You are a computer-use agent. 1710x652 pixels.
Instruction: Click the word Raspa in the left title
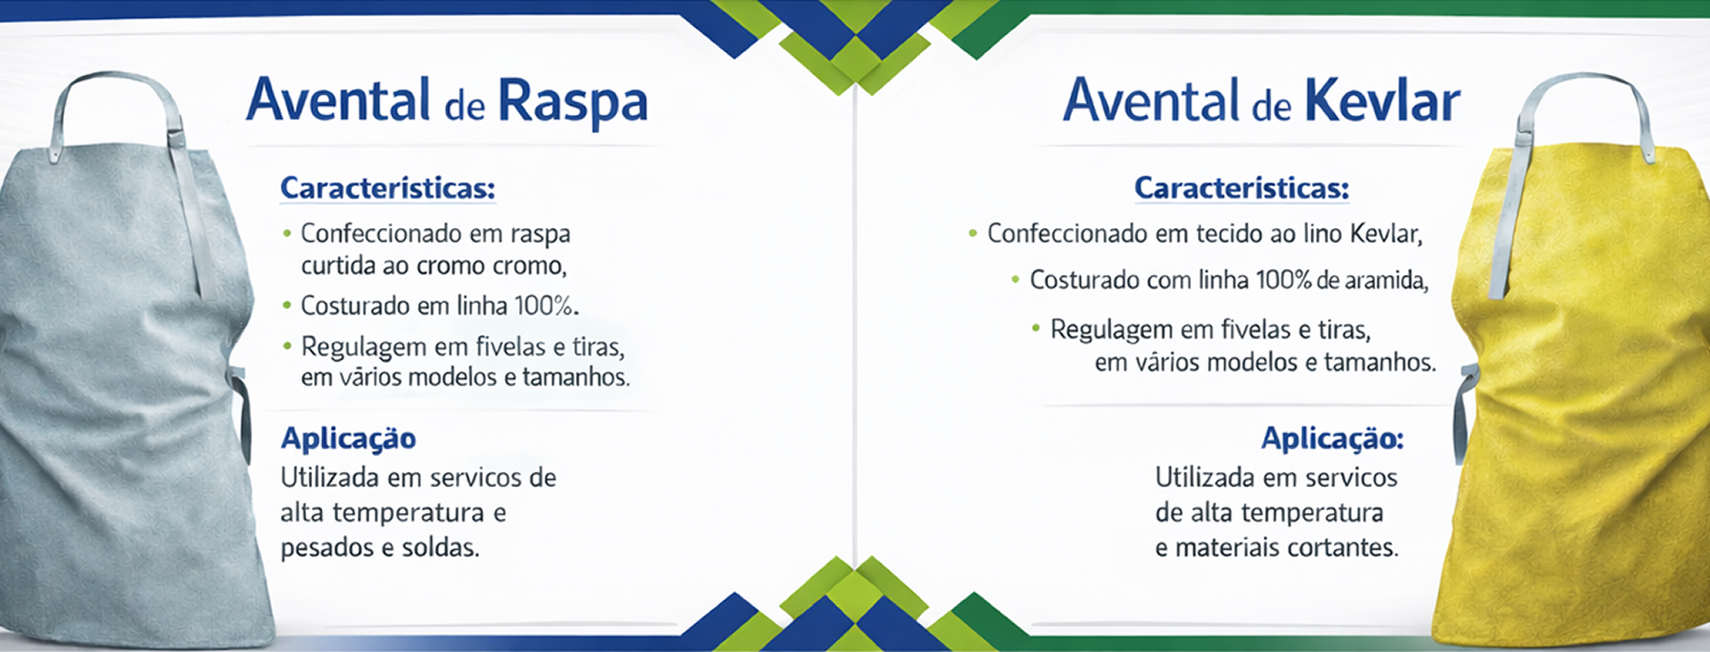point(572,103)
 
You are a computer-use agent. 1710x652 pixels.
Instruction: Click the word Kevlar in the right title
point(1383,101)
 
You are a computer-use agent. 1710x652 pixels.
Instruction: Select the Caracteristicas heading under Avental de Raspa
point(387,188)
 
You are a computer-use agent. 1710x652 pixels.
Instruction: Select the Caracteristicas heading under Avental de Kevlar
point(1241,188)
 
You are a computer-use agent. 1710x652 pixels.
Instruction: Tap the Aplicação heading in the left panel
point(348,438)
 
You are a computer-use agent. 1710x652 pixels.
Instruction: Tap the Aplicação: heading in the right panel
point(1332,438)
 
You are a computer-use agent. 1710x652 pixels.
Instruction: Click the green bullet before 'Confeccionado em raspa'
point(287,233)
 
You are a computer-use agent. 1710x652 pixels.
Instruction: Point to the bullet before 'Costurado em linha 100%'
point(287,305)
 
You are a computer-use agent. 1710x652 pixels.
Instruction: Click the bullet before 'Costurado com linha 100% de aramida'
point(1015,279)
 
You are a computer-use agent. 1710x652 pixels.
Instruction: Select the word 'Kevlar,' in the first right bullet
point(1386,233)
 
